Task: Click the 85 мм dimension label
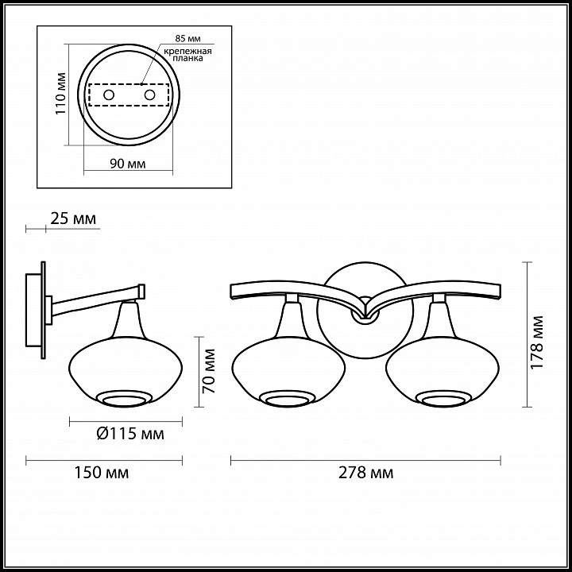pyautogui.click(x=187, y=38)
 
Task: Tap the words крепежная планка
pyautogui.click(x=187, y=54)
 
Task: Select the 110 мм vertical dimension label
pyautogui.click(x=60, y=94)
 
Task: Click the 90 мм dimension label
pyautogui.click(x=128, y=164)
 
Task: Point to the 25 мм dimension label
pyautogui.click(x=73, y=218)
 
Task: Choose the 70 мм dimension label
pyautogui.click(x=210, y=371)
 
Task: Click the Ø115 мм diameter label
pyautogui.click(x=130, y=434)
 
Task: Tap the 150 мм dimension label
pyautogui.click(x=102, y=473)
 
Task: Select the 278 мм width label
pyautogui.click(x=366, y=473)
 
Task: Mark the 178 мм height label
pyautogui.click(x=537, y=342)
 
